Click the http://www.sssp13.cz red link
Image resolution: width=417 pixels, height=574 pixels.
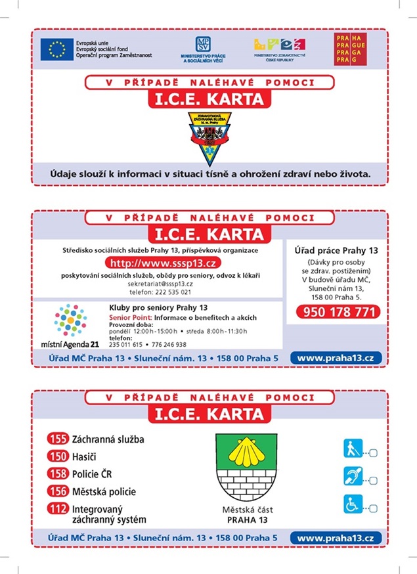tap(157, 264)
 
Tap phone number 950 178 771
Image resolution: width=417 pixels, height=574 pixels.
tap(338, 312)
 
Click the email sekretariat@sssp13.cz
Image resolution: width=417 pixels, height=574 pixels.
tap(160, 283)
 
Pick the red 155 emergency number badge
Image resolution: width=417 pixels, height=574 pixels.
tap(58, 439)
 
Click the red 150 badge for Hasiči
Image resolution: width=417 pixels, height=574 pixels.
tap(58, 456)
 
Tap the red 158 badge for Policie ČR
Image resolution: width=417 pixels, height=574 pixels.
tap(58, 474)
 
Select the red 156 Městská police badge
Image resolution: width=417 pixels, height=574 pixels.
tap(58, 491)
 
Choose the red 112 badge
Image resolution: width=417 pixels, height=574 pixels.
tap(58, 508)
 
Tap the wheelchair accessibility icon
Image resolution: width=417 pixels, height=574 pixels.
tap(353, 504)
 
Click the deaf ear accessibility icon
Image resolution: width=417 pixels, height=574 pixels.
tap(353, 476)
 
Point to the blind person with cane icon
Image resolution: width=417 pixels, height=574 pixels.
tap(353, 449)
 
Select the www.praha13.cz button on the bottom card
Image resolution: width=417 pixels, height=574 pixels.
tap(336, 538)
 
